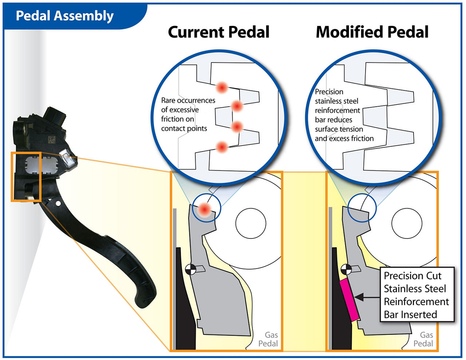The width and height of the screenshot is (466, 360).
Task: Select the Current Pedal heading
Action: (x=218, y=32)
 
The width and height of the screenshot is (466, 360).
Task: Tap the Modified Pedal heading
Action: (x=372, y=32)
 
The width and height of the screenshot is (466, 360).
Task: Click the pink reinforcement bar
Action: (x=349, y=300)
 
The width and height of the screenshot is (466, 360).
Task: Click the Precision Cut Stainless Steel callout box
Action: (x=416, y=295)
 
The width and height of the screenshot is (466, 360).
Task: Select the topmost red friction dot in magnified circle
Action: (x=222, y=87)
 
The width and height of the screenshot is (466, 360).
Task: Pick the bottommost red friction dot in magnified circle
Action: (x=222, y=147)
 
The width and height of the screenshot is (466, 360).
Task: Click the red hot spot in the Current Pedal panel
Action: (x=205, y=209)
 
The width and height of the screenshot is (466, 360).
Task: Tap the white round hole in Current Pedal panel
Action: (x=251, y=223)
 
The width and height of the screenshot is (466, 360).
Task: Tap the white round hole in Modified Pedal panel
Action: (x=407, y=223)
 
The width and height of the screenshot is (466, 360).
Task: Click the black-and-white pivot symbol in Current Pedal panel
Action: (x=190, y=270)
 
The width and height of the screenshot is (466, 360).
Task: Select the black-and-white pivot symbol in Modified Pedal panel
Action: (x=346, y=270)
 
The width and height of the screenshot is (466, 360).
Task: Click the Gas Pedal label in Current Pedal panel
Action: (x=269, y=339)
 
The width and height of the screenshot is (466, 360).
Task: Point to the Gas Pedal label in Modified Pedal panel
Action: (x=424, y=339)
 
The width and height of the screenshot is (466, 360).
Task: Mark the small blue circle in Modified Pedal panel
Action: (x=362, y=207)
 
